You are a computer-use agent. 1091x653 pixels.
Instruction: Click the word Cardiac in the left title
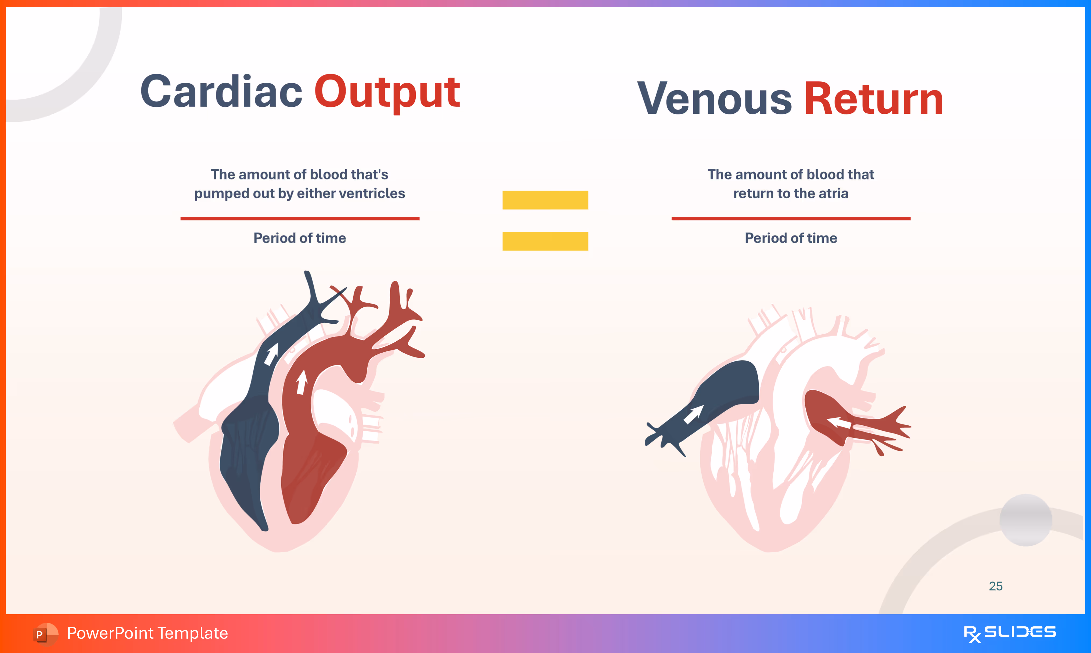click(221, 92)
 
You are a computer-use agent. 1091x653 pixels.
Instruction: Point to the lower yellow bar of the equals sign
click(545, 241)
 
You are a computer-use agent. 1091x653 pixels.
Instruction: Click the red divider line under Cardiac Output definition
click(300, 218)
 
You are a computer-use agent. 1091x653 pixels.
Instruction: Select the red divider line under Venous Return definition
click(791, 218)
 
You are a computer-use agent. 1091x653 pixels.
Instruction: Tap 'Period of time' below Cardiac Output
click(300, 238)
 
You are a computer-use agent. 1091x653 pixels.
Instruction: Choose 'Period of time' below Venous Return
click(791, 238)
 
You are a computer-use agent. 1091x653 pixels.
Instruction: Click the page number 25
click(996, 586)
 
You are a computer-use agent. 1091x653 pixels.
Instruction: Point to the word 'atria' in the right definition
click(833, 193)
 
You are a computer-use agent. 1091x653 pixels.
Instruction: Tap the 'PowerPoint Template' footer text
click(147, 633)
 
